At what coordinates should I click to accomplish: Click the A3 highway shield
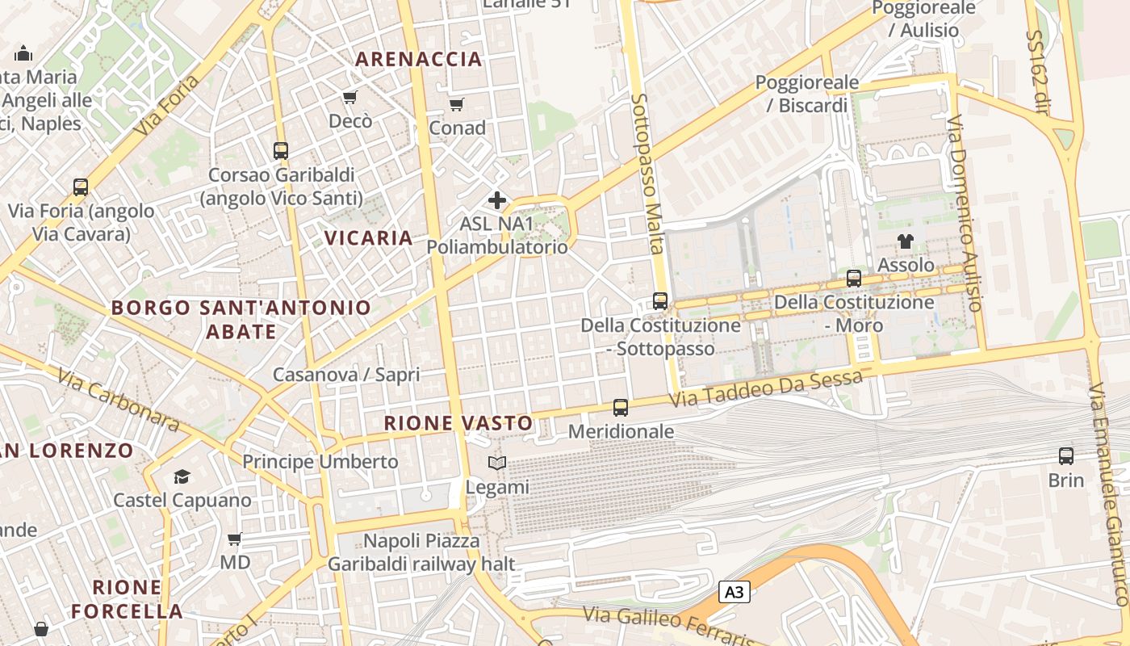click(x=734, y=593)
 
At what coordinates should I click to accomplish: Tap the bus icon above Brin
click(x=1066, y=456)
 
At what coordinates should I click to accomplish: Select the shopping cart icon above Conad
click(x=456, y=104)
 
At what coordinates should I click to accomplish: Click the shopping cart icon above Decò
click(x=349, y=98)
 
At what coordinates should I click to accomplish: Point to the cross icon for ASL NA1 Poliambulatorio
click(x=497, y=199)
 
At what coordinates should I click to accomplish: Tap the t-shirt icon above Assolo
click(x=906, y=241)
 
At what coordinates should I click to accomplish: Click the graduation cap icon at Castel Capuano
click(x=182, y=476)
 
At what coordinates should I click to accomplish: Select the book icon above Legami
click(x=497, y=464)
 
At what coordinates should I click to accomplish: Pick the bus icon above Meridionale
click(x=621, y=408)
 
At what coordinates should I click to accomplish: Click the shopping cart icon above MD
click(x=235, y=539)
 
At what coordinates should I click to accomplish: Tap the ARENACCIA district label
click(x=418, y=59)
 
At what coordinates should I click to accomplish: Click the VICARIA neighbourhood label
click(x=369, y=237)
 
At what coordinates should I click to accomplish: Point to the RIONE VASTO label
click(x=458, y=423)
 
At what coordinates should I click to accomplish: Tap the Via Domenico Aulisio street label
click(x=965, y=214)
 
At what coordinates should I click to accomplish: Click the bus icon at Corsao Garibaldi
click(x=281, y=151)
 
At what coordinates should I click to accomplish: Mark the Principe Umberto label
click(x=320, y=462)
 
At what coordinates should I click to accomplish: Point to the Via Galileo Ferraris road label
click(x=686, y=627)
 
